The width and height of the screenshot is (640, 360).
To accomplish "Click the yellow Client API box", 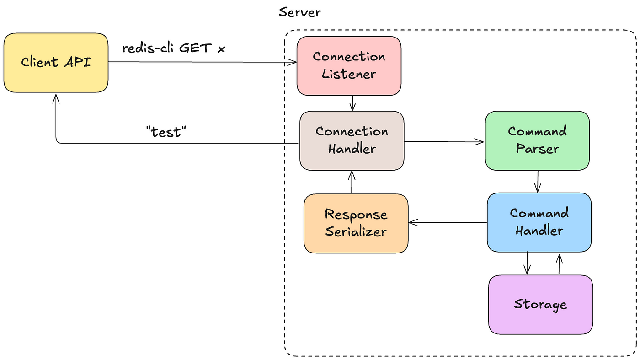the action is (x=56, y=63).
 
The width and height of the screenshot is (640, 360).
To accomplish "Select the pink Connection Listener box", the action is (x=349, y=66).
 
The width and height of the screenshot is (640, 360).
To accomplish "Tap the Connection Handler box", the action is (x=352, y=141).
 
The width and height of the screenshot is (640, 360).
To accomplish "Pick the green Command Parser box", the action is (x=537, y=141).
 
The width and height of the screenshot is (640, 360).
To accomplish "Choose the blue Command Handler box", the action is (x=539, y=222).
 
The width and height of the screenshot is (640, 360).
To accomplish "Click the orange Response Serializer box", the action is (x=356, y=224).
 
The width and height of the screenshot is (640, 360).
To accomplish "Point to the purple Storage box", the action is (x=540, y=305).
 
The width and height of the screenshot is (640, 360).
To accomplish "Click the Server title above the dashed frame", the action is (x=300, y=12).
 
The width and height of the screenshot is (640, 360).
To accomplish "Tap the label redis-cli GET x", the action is (x=174, y=48).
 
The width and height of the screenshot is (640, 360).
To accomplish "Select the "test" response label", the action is (x=166, y=132).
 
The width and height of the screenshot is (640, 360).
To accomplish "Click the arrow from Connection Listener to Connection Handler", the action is (x=352, y=103).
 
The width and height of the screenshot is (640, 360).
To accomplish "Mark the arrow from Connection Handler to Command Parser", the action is (x=444, y=141).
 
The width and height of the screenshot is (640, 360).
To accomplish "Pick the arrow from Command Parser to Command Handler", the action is (x=538, y=182).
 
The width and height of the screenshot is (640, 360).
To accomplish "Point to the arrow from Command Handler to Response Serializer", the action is (x=448, y=222).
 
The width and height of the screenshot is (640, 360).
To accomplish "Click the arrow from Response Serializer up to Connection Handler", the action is (x=352, y=182).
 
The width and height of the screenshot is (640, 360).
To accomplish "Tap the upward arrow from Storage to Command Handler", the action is (x=559, y=264).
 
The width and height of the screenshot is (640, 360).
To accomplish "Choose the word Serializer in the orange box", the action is (x=356, y=231).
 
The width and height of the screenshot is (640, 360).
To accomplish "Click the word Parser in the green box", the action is (x=538, y=149).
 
